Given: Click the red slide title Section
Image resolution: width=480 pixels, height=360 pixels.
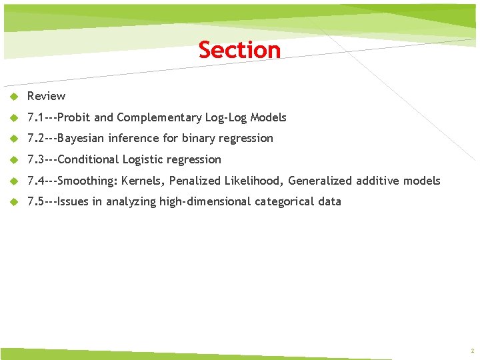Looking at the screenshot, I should [x=239, y=50].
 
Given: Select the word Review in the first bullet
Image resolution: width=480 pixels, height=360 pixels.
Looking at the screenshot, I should [x=46, y=96].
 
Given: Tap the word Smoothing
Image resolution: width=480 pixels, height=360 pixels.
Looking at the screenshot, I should [x=87, y=181].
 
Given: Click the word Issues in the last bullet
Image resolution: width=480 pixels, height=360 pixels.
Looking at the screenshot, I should [x=73, y=201].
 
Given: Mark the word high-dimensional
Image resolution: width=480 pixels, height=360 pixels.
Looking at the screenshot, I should [x=205, y=201].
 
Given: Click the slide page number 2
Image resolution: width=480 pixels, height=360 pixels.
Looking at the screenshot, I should [x=471, y=351].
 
